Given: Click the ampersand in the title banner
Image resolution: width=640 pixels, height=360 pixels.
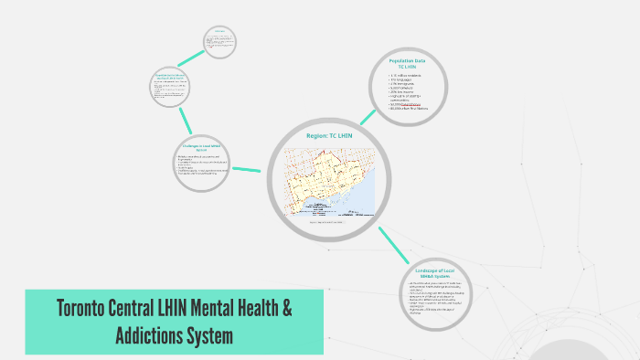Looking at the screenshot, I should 286,310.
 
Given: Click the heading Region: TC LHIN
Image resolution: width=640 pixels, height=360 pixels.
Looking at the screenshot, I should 329,135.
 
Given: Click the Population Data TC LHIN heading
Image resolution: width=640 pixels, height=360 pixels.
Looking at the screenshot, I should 408,63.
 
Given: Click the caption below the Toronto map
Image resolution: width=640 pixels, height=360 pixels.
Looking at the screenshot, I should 329,221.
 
